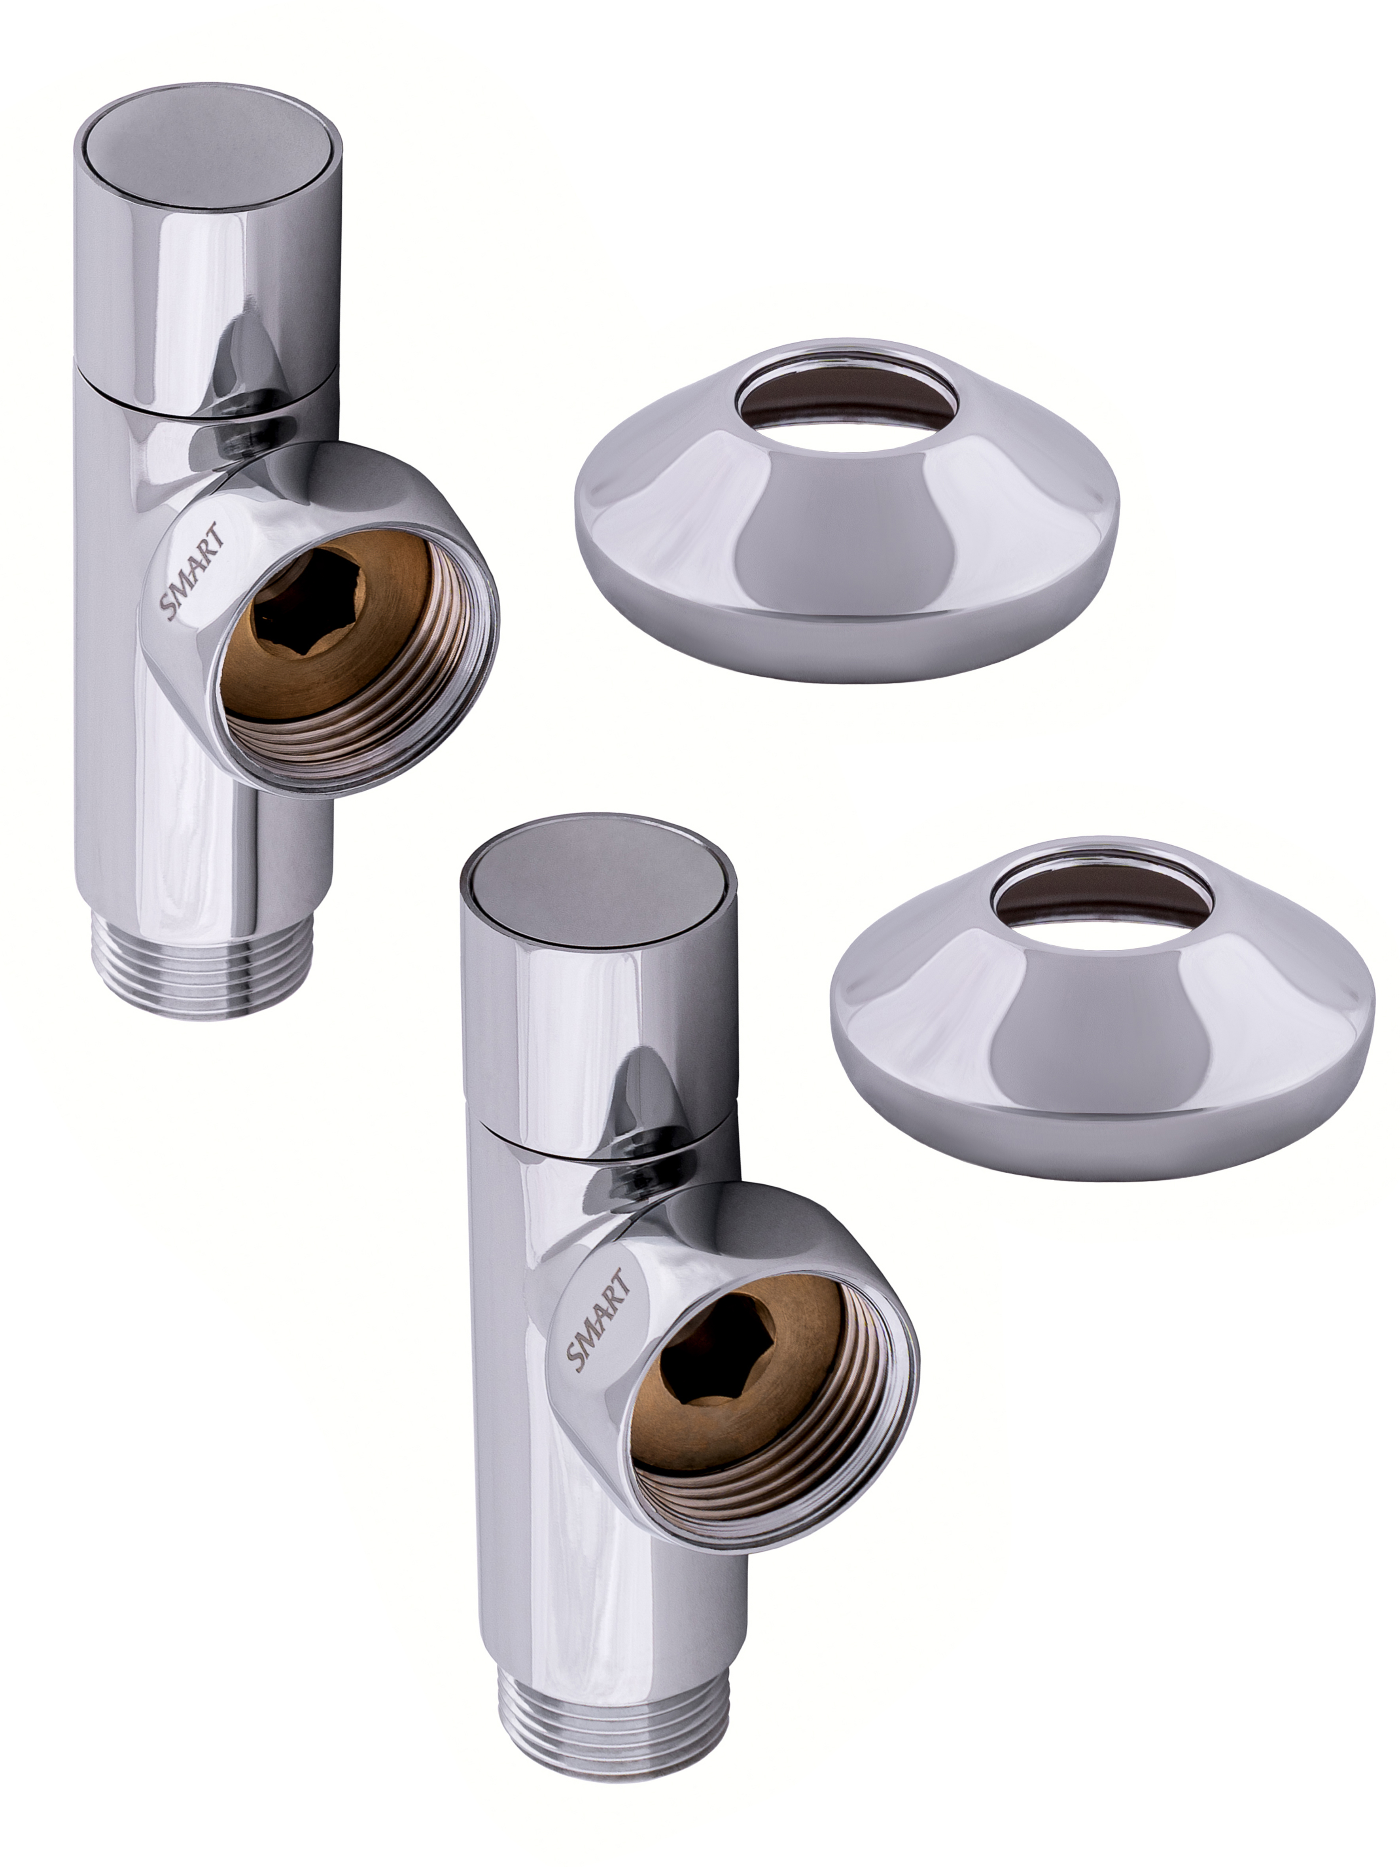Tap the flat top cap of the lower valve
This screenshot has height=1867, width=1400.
(598, 888)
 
